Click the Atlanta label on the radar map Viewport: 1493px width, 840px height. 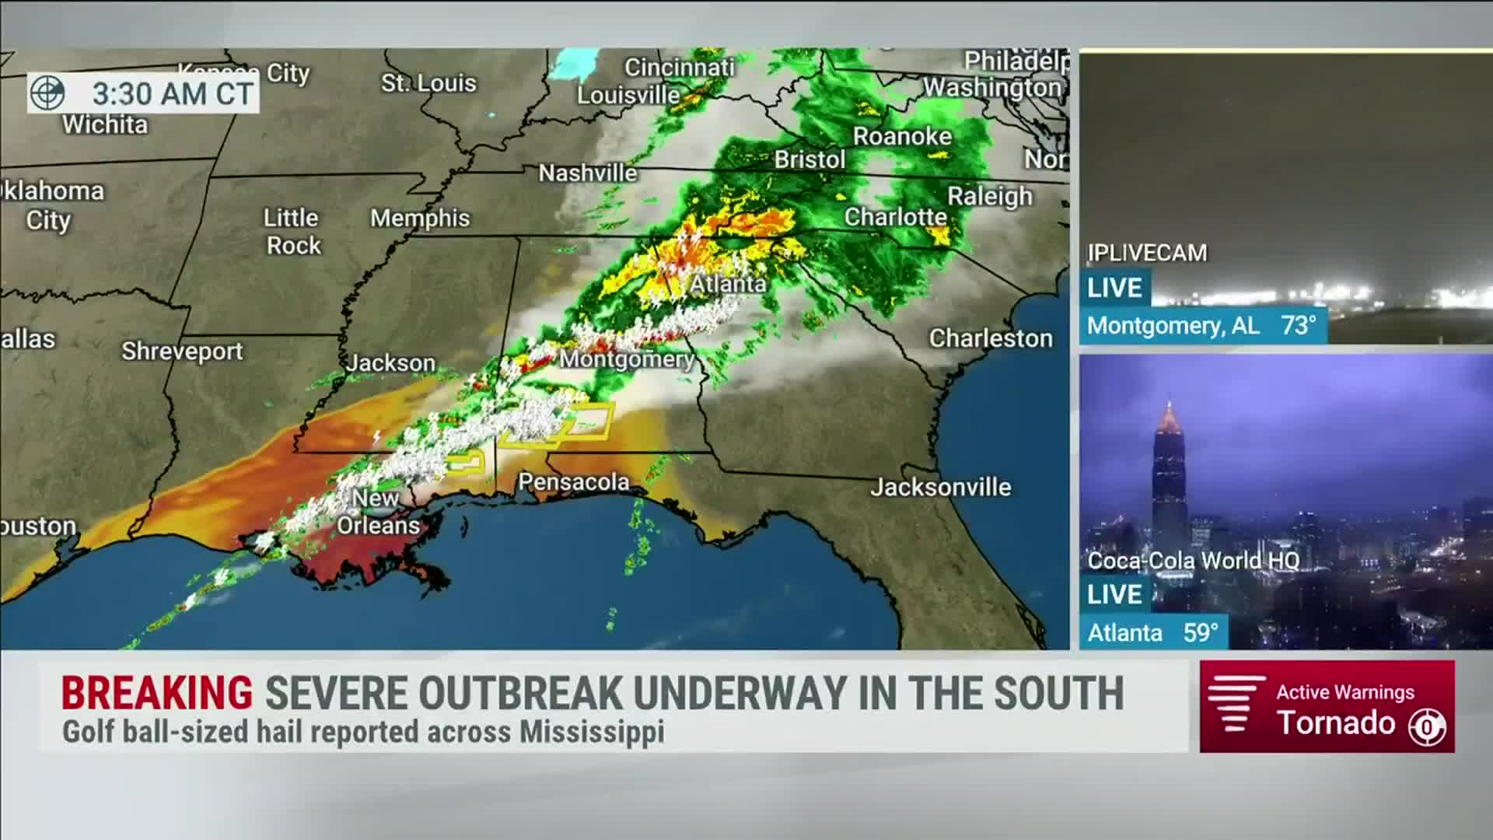(x=728, y=285)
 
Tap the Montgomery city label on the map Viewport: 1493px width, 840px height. (x=627, y=359)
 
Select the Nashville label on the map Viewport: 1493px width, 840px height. (x=588, y=173)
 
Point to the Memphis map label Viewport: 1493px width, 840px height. (x=420, y=219)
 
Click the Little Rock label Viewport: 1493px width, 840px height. (x=292, y=232)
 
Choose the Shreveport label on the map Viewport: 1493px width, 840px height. (x=182, y=352)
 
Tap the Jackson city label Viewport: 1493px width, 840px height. (x=391, y=363)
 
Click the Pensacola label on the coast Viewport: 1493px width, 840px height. (x=574, y=482)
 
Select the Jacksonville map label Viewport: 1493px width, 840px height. (x=940, y=488)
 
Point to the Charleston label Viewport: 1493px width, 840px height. (x=991, y=338)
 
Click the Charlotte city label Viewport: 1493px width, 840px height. (x=896, y=217)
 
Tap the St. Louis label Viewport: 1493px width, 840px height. (x=428, y=83)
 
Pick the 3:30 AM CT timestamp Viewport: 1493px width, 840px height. (x=173, y=94)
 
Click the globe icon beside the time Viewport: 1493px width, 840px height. (x=47, y=93)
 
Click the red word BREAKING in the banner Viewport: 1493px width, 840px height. (x=157, y=693)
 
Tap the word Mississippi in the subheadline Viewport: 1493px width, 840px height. (x=592, y=733)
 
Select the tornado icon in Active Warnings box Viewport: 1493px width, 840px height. (x=1235, y=705)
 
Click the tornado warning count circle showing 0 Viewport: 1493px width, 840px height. (x=1428, y=728)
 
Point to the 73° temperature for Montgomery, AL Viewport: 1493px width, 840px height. (x=1299, y=325)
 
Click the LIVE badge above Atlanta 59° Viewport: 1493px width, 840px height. (x=1114, y=594)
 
